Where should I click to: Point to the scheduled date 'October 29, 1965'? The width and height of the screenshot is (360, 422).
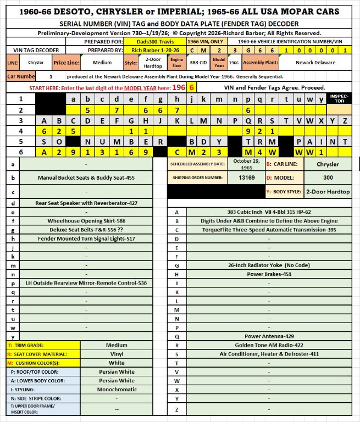(242, 164)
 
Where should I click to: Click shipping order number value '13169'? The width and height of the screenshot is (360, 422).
(242, 178)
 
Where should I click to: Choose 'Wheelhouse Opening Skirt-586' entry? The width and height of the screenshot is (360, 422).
(87, 221)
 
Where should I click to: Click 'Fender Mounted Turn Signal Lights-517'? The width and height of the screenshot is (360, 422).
(87, 239)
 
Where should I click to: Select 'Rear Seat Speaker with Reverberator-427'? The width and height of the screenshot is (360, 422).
(87, 203)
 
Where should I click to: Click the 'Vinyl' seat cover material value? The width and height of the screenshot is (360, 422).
(117, 354)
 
